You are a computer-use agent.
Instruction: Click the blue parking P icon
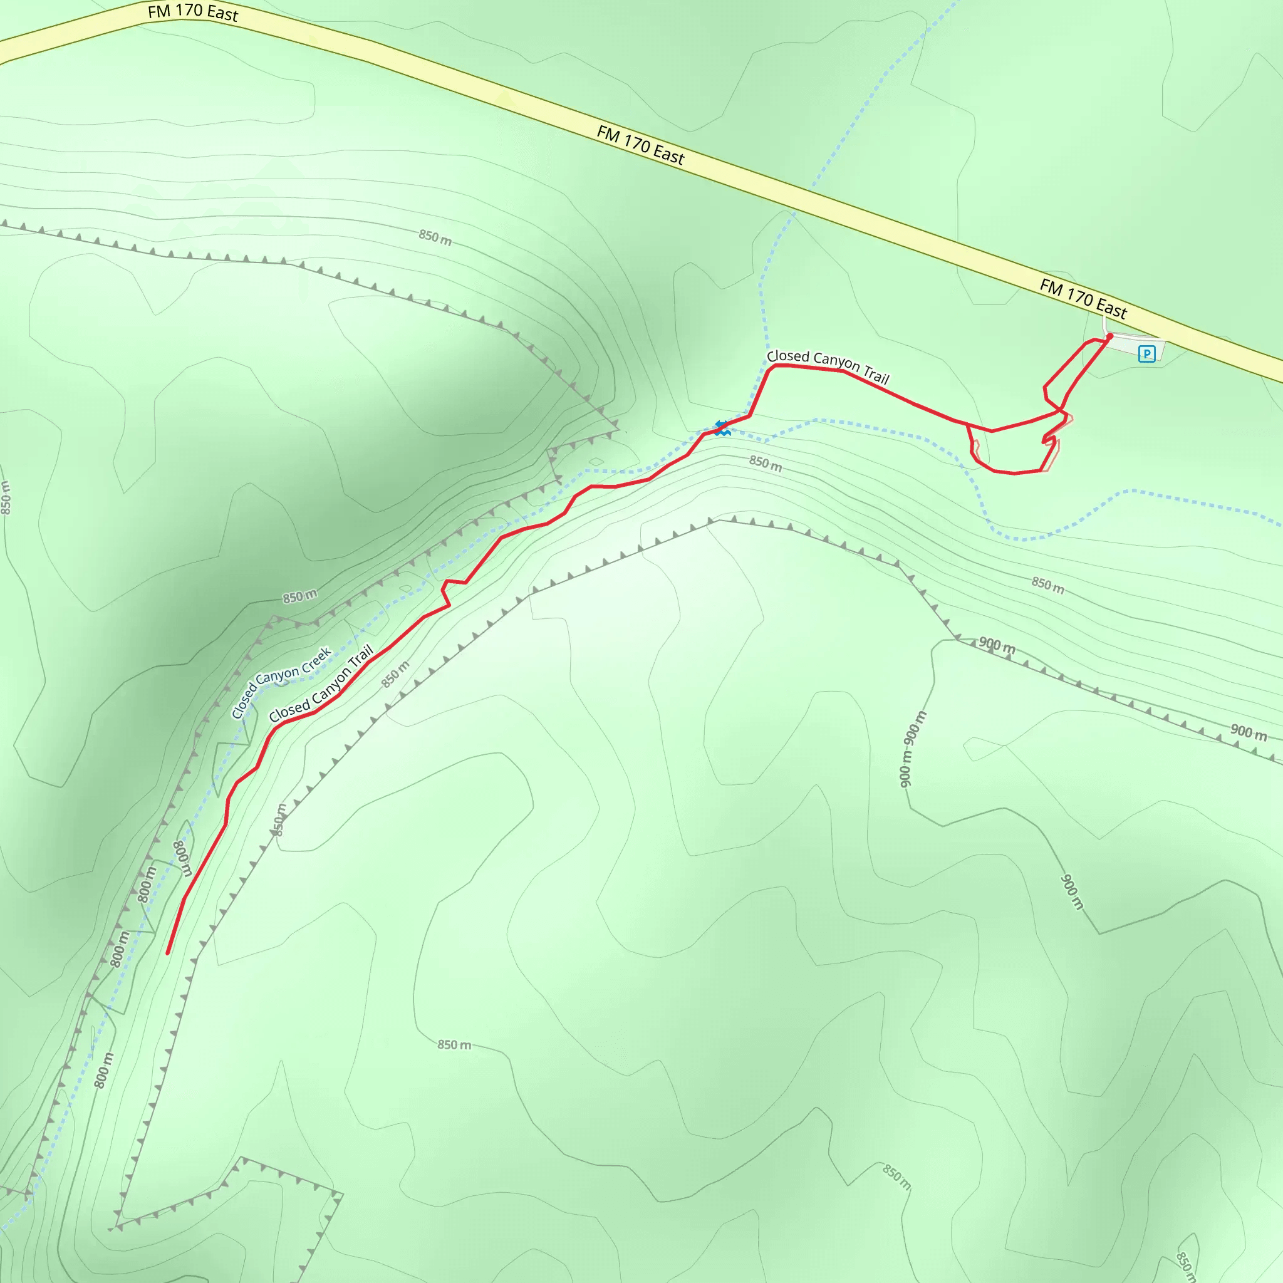[x=1147, y=353]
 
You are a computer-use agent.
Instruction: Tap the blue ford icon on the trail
[x=722, y=428]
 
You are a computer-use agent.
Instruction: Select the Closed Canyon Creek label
[x=281, y=683]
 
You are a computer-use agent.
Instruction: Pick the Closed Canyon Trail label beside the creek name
[x=321, y=684]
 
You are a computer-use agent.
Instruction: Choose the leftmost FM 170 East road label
[x=192, y=12]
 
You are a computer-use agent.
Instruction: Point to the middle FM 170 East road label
[x=640, y=145]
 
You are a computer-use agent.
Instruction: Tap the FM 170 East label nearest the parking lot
[x=1083, y=298]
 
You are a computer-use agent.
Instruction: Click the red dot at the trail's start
[x=1109, y=336]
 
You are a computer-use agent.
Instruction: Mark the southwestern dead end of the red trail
[x=167, y=953]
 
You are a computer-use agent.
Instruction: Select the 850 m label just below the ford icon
[x=766, y=464]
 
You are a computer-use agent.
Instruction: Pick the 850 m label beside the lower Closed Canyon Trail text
[x=395, y=674]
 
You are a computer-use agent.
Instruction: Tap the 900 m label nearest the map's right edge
[x=1249, y=732]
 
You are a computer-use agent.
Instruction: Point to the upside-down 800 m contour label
[x=182, y=858]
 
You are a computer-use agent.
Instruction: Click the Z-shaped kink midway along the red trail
[x=446, y=593]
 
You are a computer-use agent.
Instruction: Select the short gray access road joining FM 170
[x=1105, y=325]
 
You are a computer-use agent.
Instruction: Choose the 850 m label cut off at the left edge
[x=5, y=498]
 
